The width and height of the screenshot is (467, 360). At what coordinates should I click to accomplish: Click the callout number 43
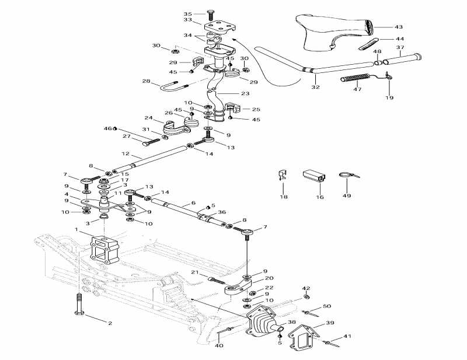pos(399,27)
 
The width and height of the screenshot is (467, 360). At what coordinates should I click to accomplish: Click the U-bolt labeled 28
pos(172,89)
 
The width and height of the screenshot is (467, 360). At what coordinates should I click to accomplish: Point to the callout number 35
pos(187,13)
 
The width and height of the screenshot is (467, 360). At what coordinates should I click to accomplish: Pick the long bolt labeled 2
pos(78,305)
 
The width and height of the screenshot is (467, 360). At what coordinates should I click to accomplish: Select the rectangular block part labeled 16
pos(314,175)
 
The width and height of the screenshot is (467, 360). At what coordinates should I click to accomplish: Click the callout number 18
pos(284,197)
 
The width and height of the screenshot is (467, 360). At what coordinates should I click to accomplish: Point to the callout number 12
pos(125,155)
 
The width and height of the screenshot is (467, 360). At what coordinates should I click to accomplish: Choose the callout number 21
pos(196,272)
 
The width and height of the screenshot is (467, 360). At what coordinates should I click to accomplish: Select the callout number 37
pos(400,47)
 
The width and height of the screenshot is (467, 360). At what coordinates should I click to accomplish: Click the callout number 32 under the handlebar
pos(315,87)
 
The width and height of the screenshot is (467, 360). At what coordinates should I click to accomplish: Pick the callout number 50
pos(326,306)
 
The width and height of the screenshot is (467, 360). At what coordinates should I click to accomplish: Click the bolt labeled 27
pos(149,140)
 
